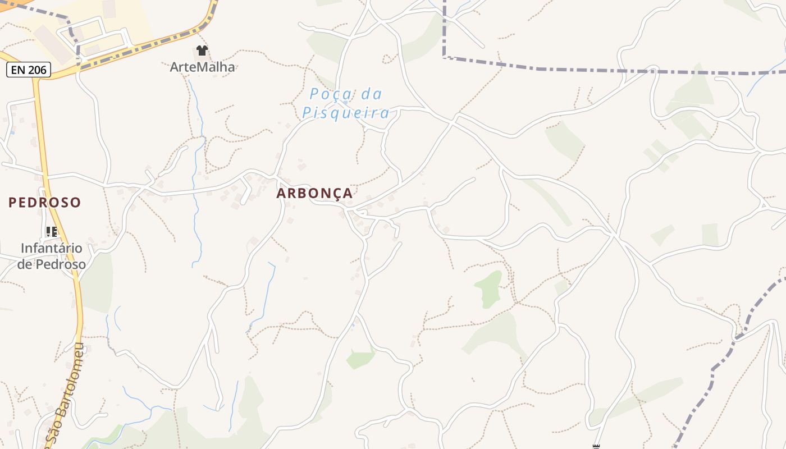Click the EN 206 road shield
coord(29,70)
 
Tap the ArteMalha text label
coord(202,67)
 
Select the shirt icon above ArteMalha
coord(202,51)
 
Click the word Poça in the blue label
coord(330,94)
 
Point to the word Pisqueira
coord(345,113)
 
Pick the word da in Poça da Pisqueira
coord(372,94)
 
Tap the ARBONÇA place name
coord(314,193)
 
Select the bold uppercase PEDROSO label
coord(45,202)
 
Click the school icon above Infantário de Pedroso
coord(52,231)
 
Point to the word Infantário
coord(52,248)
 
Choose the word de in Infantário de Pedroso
coord(25,264)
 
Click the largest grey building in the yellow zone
coord(53,44)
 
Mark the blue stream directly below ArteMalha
coord(196,112)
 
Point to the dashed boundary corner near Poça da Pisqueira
coord(444,57)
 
